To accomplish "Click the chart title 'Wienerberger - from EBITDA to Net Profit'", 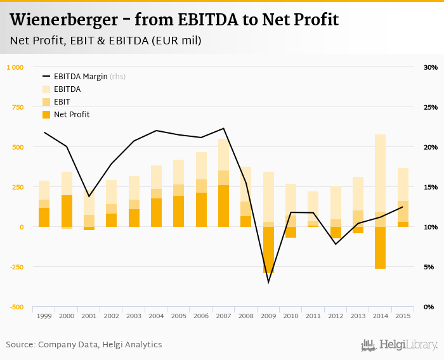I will click(174, 20).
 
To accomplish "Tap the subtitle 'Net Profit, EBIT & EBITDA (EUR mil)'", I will click(105, 41).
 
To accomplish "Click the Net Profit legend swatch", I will click(46, 115).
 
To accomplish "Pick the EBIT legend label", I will click(62, 102).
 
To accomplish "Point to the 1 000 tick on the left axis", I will click(15, 67).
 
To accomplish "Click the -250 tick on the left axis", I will click(15, 267).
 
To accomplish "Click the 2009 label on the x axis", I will click(268, 316).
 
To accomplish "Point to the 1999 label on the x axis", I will click(44, 316).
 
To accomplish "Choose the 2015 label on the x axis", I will click(403, 316).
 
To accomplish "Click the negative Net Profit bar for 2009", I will click(268, 250).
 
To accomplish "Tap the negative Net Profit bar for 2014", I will click(380, 248).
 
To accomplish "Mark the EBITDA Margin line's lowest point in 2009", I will click(268, 282).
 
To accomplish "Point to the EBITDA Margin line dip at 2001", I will click(89, 196).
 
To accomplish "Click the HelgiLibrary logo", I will click(400, 345).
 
